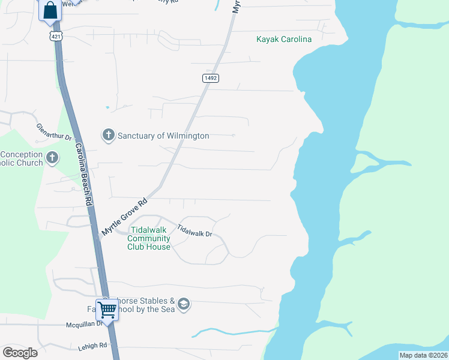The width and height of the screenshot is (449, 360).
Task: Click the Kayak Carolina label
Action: point(284,40)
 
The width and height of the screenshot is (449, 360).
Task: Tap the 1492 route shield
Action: point(210,78)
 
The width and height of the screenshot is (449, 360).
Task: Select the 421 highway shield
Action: point(56,37)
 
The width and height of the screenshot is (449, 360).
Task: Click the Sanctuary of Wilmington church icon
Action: point(108,135)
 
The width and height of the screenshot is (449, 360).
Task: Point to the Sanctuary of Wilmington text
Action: point(163,136)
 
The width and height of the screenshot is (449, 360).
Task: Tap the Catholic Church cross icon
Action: point(52,158)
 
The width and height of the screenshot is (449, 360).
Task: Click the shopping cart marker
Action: point(107,311)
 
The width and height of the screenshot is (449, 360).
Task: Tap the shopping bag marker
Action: point(50,10)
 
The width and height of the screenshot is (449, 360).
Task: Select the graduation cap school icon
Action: point(184,305)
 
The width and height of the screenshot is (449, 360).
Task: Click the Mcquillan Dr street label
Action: point(84,325)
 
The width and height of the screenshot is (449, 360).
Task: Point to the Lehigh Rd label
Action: point(92,346)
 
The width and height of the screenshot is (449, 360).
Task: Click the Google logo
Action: point(20,352)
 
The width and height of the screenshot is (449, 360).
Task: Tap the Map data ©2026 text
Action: point(423,355)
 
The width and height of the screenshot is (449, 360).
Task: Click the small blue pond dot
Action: point(107,107)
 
